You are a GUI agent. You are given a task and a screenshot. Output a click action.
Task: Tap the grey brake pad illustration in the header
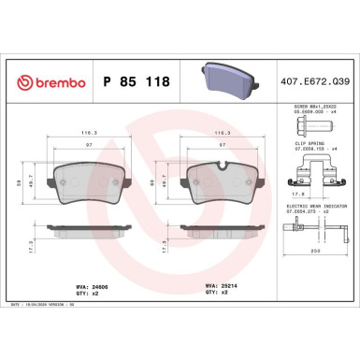[x=229, y=79]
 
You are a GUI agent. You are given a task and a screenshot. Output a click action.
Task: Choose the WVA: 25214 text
[x=219, y=278]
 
